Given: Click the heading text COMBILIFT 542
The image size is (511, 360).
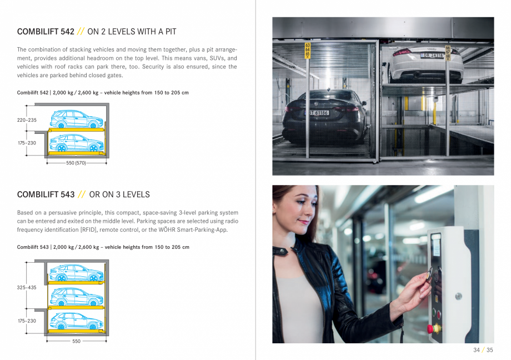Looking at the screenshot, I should [46, 32].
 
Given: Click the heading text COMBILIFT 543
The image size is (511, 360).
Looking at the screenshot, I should [46, 194].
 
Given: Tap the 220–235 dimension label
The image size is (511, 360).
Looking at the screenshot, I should [27, 120].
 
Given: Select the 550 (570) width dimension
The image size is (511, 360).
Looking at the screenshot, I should [77, 163].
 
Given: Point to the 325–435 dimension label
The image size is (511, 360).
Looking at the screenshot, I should [27, 288].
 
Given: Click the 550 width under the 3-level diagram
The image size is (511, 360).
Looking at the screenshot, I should [77, 341].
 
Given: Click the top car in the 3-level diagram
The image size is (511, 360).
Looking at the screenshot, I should [76, 273].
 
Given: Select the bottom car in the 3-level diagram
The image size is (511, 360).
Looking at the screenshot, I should [76, 321].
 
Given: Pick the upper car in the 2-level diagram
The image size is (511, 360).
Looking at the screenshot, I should [76, 119].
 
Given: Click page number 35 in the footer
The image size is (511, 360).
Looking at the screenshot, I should [489, 350].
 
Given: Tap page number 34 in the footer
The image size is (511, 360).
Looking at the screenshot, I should [477, 350].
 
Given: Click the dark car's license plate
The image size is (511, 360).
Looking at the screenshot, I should [319, 113].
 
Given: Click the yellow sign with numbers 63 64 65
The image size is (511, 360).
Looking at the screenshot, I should [307, 51].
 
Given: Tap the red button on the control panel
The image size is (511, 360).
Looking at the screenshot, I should [430, 328].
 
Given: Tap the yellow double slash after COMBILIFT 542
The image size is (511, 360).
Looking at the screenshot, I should [81, 32].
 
